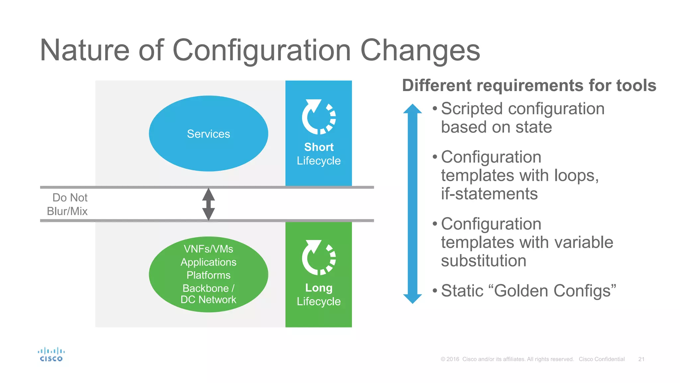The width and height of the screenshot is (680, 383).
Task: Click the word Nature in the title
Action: pyautogui.click(x=84, y=51)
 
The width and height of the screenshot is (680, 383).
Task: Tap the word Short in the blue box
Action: pyautogui.click(x=319, y=147)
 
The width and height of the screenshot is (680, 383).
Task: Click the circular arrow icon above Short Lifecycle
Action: pyautogui.click(x=318, y=117)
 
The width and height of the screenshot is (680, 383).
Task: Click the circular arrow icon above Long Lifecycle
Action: pyautogui.click(x=318, y=258)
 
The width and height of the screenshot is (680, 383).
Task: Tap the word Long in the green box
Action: pyautogui.click(x=319, y=288)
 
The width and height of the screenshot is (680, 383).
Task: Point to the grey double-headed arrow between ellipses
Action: pyautogui.click(x=209, y=204)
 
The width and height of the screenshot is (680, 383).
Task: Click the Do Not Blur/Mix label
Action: pyautogui.click(x=68, y=204)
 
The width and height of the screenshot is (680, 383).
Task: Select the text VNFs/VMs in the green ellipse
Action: pyautogui.click(x=208, y=249)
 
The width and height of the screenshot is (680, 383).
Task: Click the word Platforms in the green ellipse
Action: pyautogui.click(x=208, y=275)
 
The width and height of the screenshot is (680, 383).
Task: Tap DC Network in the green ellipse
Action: pyautogui.click(x=208, y=300)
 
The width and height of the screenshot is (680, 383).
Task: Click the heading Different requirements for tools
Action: pyautogui.click(x=529, y=85)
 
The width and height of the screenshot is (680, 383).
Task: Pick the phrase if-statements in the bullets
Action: pyautogui.click(x=489, y=194)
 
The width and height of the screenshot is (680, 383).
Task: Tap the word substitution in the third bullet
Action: pyautogui.click(x=483, y=261)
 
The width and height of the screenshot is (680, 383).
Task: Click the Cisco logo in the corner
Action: pyautogui.click(x=51, y=354)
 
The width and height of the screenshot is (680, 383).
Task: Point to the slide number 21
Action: pyautogui.click(x=641, y=359)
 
